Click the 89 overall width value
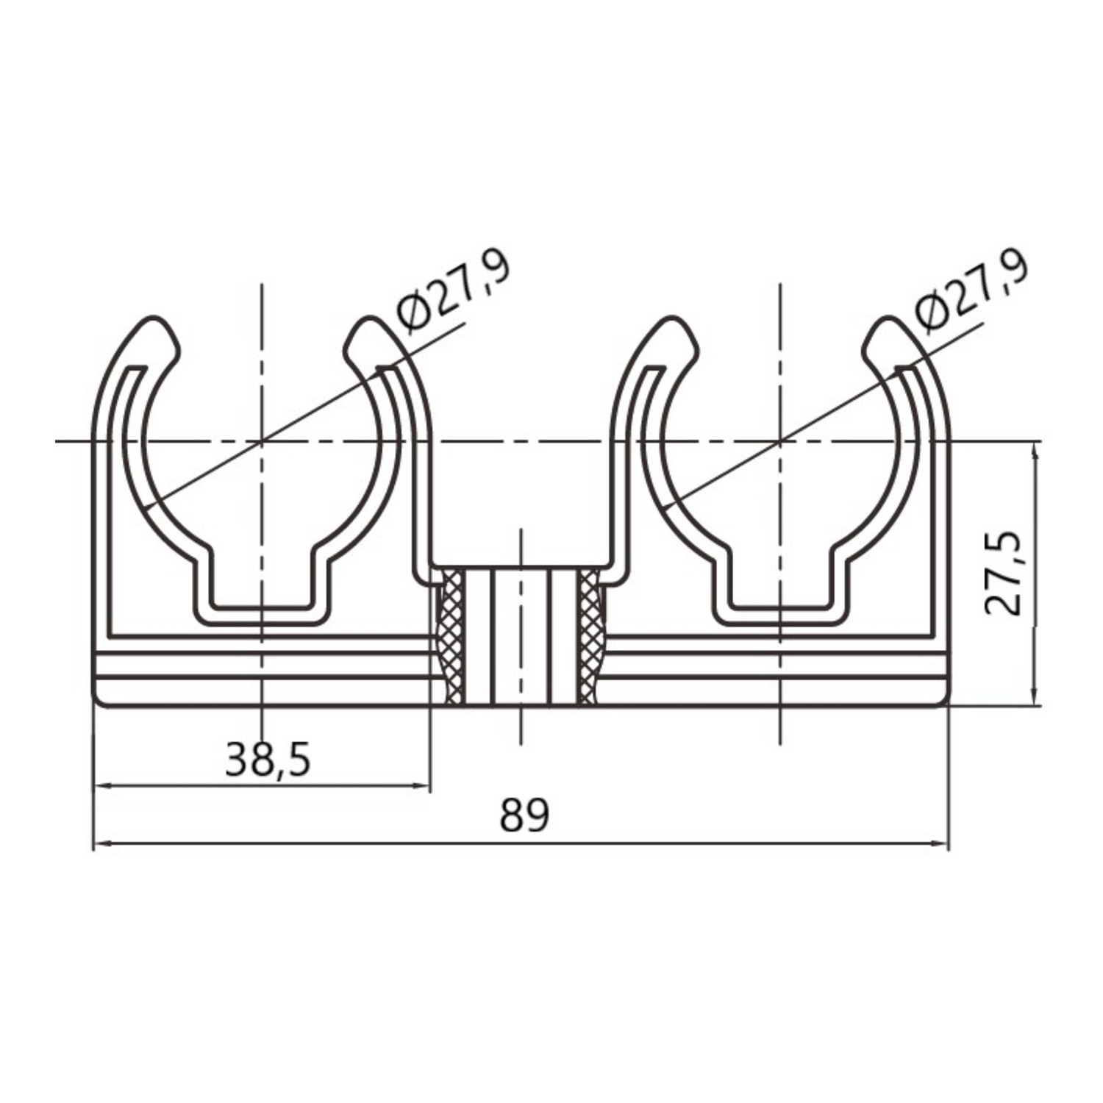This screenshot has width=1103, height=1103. coord(524,815)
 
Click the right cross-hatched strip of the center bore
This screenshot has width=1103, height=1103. coord(589,636)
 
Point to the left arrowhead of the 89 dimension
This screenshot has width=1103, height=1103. coord(104,844)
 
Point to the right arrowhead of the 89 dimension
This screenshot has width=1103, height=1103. coord(939,844)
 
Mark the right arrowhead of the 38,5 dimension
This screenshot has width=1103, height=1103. coord(420,786)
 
